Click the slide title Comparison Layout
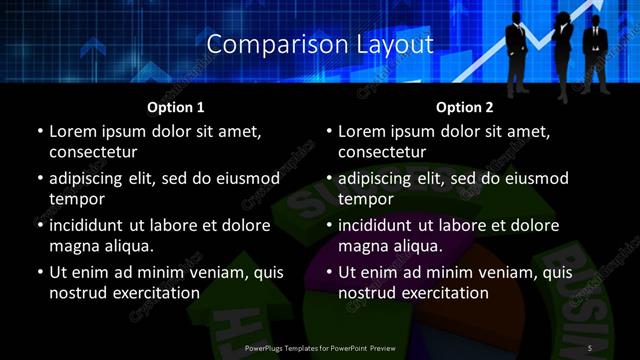click(x=320, y=45)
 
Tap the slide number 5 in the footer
click(x=590, y=347)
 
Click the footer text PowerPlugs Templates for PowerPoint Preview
click(x=320, y=347)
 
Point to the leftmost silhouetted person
click(x=516, y=50)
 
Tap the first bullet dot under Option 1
click(x=40, y=132)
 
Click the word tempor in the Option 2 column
click(x=366, y=199)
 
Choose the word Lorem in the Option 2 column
click(x=363, y=132)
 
